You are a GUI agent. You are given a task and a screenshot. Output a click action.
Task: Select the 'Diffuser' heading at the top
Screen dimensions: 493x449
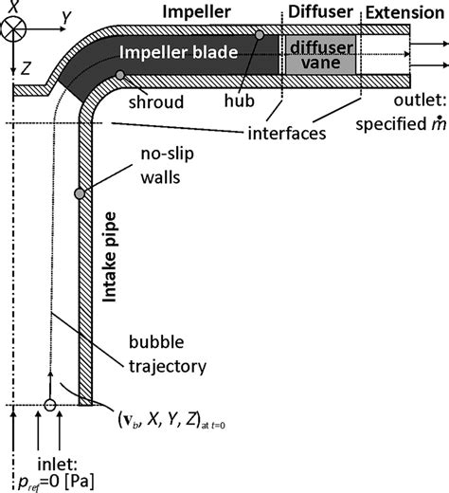tap(322, 11)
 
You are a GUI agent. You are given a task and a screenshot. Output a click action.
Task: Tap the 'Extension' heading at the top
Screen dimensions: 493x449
tap(405, 11)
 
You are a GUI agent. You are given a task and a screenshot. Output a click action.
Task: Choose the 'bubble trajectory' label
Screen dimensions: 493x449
tap(165, 355)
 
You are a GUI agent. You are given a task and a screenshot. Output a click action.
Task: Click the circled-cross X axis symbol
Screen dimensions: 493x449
tap(14, 27)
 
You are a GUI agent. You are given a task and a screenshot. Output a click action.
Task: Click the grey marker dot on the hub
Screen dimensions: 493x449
tap(260, 35)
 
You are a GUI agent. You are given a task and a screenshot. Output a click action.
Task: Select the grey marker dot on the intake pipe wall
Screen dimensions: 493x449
tap(81, 193)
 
